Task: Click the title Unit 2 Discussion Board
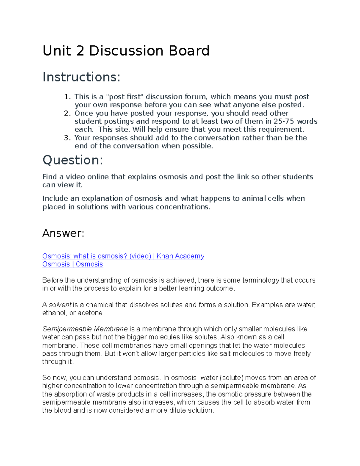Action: pos(126,51)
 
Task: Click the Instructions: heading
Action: pos(81,77)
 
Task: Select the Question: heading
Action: pos(73,160)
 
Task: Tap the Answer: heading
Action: pos(63,233)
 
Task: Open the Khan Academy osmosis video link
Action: pos(123,256)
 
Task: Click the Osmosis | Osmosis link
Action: pos(73,264)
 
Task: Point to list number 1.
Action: pos(67,97)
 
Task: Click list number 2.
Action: pos(67,113)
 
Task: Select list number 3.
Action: pos(67,138)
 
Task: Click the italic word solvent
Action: pos(60,305)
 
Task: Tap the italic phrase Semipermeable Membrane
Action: pos(85,329)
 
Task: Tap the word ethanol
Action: pos(54,313)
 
